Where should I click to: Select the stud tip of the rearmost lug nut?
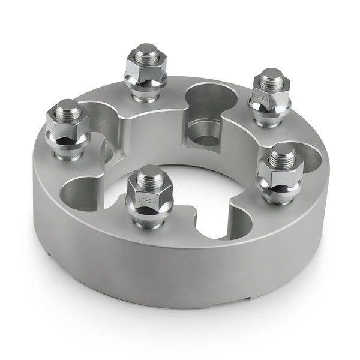click(x=146, y=50)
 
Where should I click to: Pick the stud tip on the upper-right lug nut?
click(x=272, y=76)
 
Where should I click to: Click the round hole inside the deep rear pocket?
click(x=206, y=140)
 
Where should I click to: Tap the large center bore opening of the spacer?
click(x=198, y=186)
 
